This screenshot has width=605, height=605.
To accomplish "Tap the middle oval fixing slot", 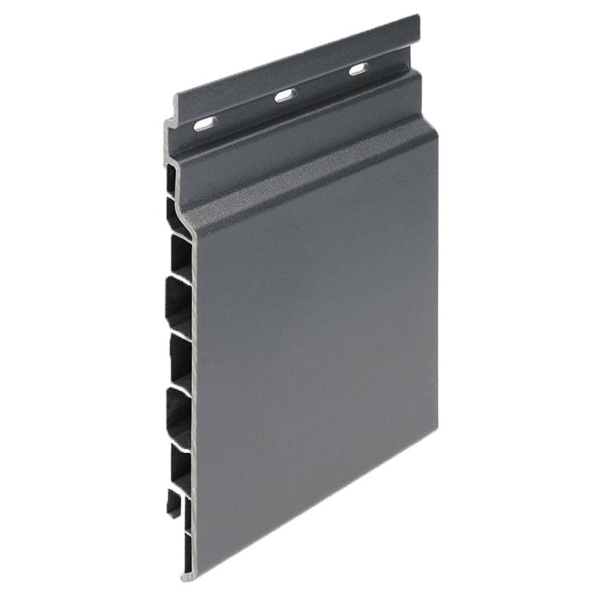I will pos(285,95).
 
